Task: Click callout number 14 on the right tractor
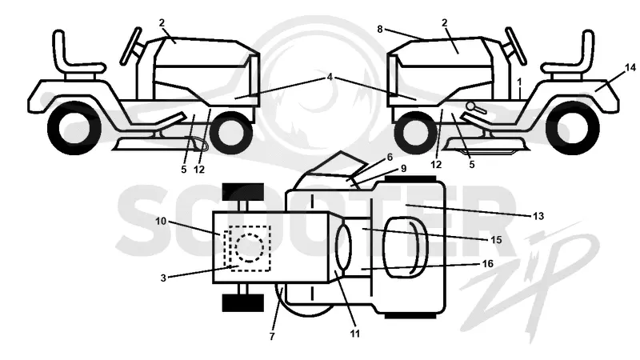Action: pyautogui.click(x=630, y=68)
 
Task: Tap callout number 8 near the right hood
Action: pyautogui.click(x=380, y=30)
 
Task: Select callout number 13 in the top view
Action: pyautogui.click(x=538, y=216)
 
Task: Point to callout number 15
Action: pyautogui.click(x=496, y=239)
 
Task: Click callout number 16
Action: pyautogui.click(x=488, y=264)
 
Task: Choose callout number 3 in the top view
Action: pyautogui.click(x=163, y=278)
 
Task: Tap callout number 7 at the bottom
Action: pyautogui.click(x=272, y=337)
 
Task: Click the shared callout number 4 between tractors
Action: pyautogui.click(x=330, y=77)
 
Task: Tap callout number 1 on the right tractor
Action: pyautogui.click(x=519, y=82)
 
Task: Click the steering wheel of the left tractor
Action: pyautogui.click(x=131, y=46)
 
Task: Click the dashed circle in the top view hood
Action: pyautogui.click(x=250, y=248)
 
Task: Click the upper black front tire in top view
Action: pyautogui.click(x=243, y=192)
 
